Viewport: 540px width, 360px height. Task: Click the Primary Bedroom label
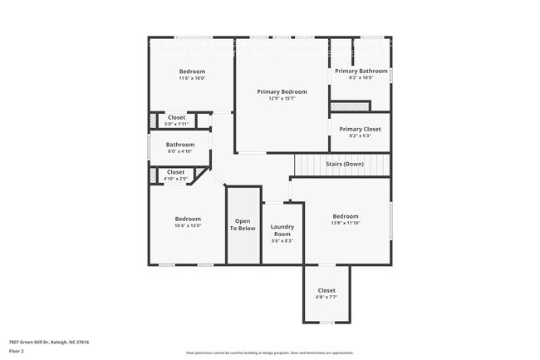pos(282,91)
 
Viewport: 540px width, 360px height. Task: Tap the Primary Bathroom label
pos(361,72)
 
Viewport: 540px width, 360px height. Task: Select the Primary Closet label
pos(361,129)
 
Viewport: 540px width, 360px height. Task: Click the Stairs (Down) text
pos(344,164)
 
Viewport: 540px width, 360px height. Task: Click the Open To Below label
pos(243,224)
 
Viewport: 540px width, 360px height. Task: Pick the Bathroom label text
pos(180,145)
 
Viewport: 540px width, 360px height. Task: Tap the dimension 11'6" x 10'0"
pos(192,78)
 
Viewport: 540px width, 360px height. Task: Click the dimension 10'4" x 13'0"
pos(188,225)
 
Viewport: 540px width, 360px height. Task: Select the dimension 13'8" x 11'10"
pos(345,223)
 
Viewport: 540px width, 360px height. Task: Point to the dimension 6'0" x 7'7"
pos(326,297)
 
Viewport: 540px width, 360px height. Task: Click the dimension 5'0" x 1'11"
pos(176,124)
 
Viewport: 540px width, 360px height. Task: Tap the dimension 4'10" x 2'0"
pos(175,178)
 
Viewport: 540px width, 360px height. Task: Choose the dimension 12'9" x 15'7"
pos(282,98)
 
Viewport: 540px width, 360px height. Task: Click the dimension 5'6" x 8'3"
pos(282,241)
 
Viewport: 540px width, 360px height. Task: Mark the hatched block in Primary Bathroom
pos(349,106)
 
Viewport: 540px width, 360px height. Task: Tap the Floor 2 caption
pos(17,352)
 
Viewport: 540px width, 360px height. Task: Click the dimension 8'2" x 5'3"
pos(361,136)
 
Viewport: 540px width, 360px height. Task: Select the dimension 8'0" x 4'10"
pos(180,151)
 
